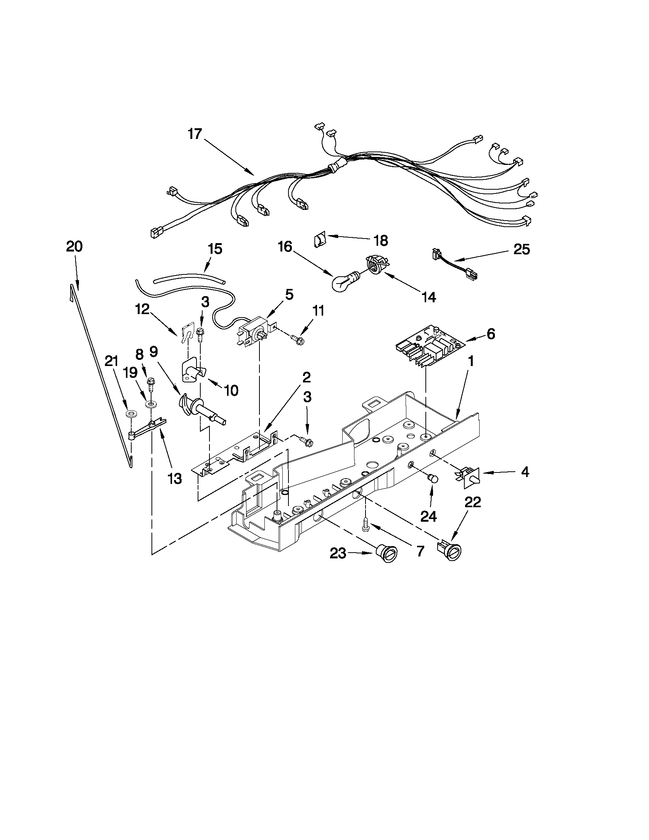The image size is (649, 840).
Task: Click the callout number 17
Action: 195,134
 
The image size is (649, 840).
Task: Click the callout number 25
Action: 521,250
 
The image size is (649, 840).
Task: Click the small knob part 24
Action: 433,478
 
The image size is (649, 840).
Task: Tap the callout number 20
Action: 74,247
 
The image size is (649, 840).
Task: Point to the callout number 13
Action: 174,479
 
